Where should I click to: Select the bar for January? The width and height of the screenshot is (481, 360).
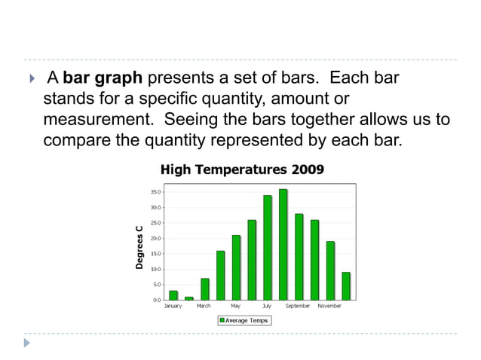point(173,295)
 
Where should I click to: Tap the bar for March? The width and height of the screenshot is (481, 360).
point(204,289)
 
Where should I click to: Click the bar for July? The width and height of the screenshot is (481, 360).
point(267,248)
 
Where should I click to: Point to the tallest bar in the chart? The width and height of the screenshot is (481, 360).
point(283,245)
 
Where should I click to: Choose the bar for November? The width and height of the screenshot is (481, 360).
point(330,270)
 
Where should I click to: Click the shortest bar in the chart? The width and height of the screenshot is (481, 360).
point(188,298)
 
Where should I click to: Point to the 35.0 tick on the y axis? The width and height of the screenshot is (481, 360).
point(155,192)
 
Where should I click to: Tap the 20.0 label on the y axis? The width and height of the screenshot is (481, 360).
point(155,239)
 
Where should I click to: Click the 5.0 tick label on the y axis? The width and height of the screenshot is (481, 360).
point(156,285)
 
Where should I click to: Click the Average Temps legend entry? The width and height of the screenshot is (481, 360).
point(244,320)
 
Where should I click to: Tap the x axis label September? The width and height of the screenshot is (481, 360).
point(298,307)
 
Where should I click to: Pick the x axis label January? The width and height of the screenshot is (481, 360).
point(173,307)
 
